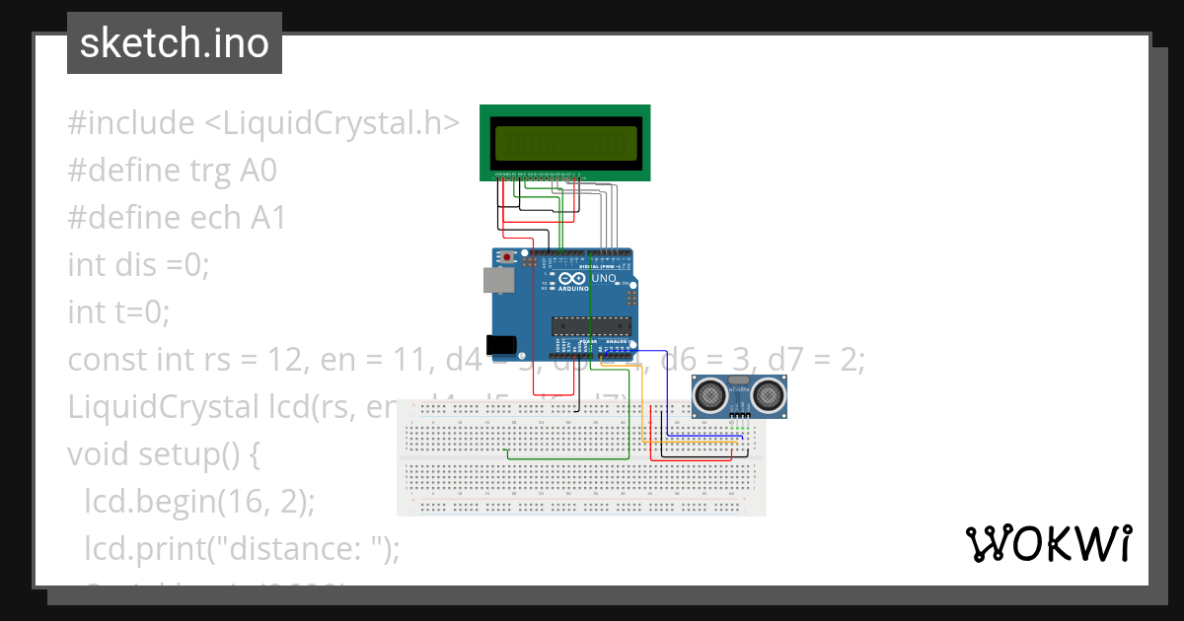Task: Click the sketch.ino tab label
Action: [x=174, y=43]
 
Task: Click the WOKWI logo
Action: [x=1048, y=543]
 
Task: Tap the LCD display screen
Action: [x=565, y=144]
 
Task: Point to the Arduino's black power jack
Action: [x=504, y=345]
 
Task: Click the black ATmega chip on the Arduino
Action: [x=590, y=326]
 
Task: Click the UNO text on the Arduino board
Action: [x=604, y=279]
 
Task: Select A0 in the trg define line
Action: [x=259, y=171]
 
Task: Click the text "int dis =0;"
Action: [x=139, y=265]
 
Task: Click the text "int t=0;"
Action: [x=119, y=312]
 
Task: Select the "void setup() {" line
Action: [x=163, y=454]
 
